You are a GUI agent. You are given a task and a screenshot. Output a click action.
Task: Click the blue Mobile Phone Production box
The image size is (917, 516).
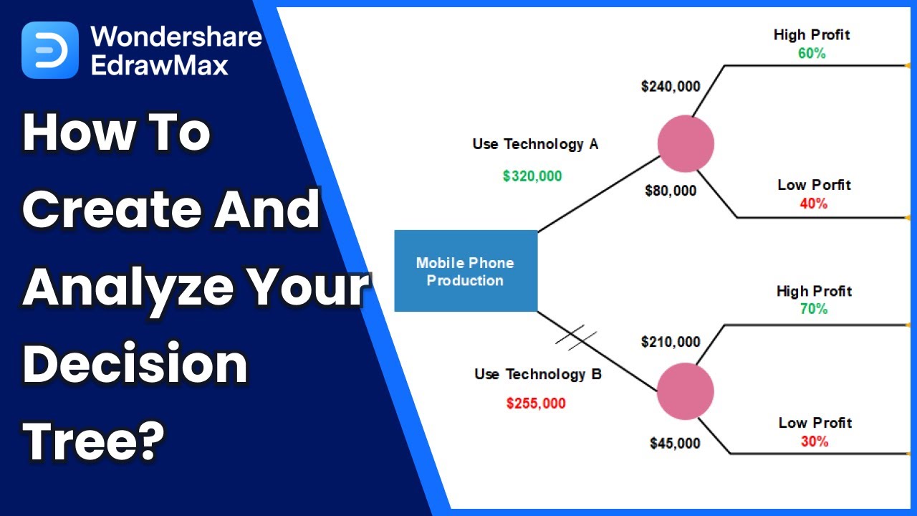(x=466, y=271)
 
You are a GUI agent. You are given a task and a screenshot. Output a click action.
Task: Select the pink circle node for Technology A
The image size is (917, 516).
(x=686, y=143)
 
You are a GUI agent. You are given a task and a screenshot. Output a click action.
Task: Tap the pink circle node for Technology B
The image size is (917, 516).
(x=686, y=391)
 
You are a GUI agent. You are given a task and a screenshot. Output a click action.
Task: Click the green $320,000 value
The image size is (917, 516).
(x=532, y=176)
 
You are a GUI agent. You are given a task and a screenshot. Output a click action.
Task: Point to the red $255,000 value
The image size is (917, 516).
(x=536, y=403)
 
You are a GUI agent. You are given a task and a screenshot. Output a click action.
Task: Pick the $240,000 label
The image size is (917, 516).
(x=671, y=87)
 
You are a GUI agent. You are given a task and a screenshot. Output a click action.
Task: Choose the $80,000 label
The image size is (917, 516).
(x=671, y=191)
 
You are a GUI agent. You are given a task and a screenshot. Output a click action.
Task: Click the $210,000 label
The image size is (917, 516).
(x=671, y=342)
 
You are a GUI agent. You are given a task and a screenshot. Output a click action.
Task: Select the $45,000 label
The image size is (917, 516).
(x=675, y=444)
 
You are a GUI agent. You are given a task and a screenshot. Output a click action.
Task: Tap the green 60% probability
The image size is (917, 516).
(x=812, y=53)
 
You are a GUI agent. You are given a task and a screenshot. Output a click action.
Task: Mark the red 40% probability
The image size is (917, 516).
(x=814, y=204)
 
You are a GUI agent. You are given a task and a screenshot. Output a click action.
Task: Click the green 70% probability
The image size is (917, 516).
(x=814, y=309)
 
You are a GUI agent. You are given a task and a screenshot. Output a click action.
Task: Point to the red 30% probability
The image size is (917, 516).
(x=815, y=441)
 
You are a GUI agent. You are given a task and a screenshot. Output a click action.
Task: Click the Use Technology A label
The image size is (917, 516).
(x=535, y=144)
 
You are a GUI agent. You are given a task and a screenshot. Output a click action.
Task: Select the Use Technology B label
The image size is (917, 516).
(x=538, y=374)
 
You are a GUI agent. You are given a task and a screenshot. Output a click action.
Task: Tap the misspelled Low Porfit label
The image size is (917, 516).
(x=814, y=185)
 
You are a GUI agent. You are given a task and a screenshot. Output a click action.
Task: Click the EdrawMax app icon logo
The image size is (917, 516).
(x=50, y=50)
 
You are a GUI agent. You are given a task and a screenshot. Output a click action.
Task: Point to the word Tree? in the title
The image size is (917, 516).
(x=94, y=434)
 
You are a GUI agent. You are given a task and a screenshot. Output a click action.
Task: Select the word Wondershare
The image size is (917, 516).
(x=176, y=36)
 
